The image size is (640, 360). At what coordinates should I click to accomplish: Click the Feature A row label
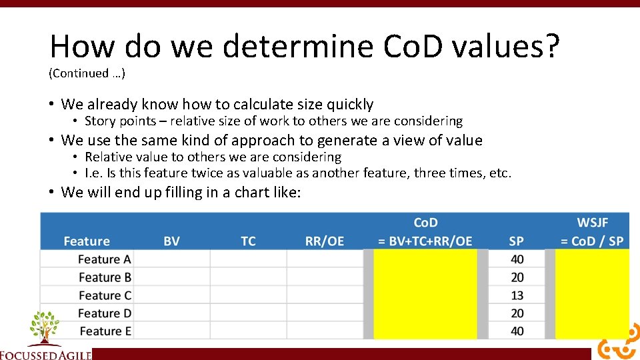pyautogui.click(x=105, y=259)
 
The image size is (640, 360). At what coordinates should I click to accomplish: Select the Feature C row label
pyautogui.click(x=105, y=295)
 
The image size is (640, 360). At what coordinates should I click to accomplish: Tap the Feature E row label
pyautogui.click(x=105, y=331)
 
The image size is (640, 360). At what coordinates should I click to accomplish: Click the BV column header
pyautogui.click(x=171, y=241)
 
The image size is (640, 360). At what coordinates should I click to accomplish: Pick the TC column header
pyautogui.click(x=248, y=241)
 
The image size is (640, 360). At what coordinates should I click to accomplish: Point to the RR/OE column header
pyautogui.click(x=325, y=241)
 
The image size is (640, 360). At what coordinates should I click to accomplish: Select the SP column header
pyautogui.click(x=516, y=241)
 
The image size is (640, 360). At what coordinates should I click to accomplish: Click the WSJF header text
pyautogui.click(x=593, y=223)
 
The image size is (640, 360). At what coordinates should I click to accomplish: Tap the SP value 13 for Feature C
pyautogui.click(x=517, y=295)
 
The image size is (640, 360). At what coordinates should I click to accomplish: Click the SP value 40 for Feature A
pyautogui.click(x=517, y=259)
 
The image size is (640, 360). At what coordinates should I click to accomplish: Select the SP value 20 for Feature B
pyautogui.click(x=517, y=277)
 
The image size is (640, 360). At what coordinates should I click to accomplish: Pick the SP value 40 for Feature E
pyautogui.click(x=517, y=331)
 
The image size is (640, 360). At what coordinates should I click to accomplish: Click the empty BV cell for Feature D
pyautogui.click(x=171, y=313)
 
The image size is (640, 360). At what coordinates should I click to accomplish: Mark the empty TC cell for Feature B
pyautogui.click(x=248, y=277)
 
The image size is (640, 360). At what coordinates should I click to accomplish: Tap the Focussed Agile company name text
pyautogui.click(x=45, y=355)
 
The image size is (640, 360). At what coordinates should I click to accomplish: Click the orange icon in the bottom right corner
pyautogui.click(x=617, y=345)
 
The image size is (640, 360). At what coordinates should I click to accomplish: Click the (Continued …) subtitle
pyautogui.click(x=87, y=73)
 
